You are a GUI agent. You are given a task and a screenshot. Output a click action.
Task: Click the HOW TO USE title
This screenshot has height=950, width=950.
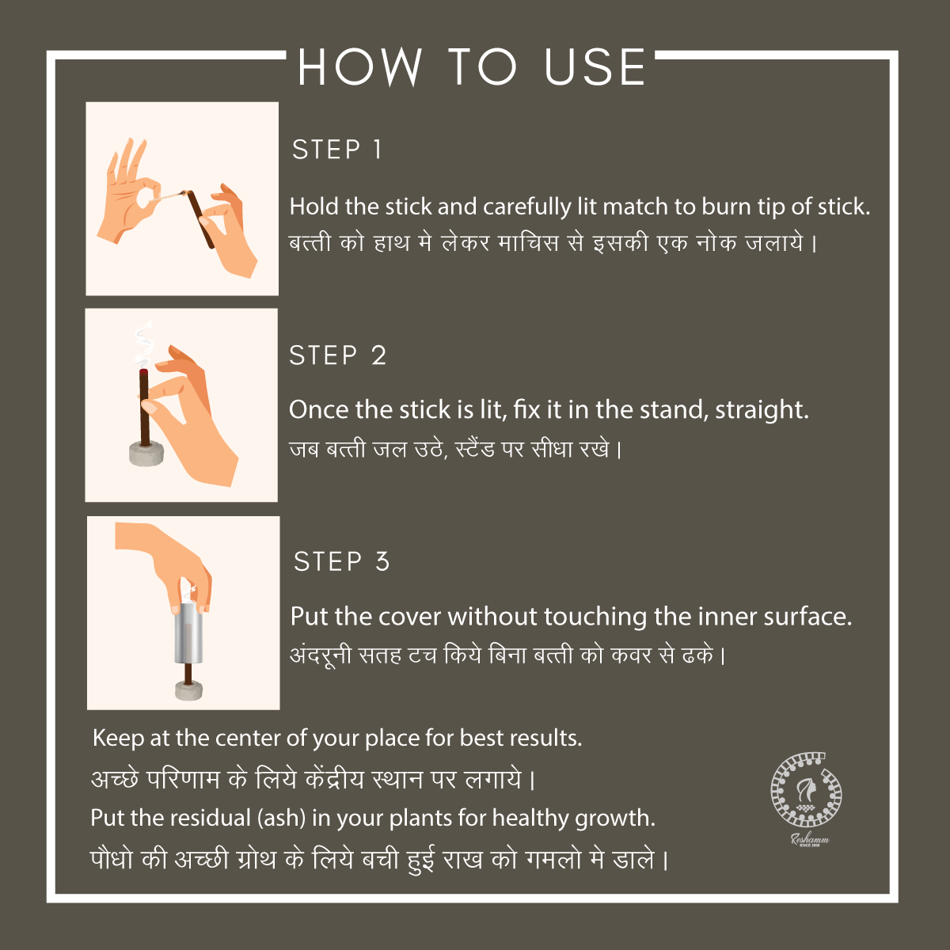click(472, 67)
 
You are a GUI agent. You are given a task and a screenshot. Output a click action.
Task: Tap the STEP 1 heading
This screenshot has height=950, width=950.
click(337, 150)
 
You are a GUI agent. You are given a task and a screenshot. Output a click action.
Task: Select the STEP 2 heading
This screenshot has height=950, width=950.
click(338, 355)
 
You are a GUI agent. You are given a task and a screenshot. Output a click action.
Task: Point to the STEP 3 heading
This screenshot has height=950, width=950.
click(341, 561)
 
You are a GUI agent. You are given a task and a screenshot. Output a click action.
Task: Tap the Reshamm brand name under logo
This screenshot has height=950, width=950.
click(810, 839)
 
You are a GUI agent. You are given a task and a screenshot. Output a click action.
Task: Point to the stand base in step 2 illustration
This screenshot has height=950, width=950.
click(146, 454)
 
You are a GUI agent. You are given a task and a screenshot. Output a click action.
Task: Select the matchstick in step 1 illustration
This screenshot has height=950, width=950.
click(170, 196)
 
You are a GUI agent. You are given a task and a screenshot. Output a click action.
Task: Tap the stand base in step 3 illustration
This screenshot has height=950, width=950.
click(189, 690)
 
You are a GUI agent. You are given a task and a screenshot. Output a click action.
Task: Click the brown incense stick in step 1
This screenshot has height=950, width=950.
click(201, 219)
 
